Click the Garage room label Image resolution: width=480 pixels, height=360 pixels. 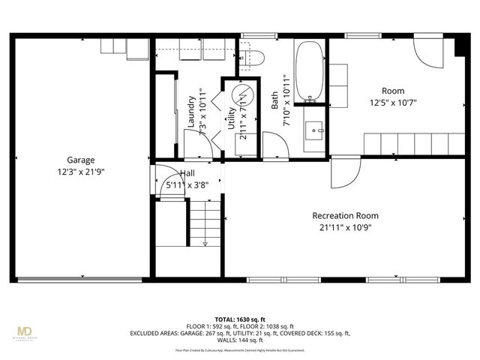[x=80, y=160]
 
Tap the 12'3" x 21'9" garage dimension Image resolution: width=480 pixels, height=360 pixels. [x=80, y=171]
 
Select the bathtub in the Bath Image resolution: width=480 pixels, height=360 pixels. [x=309, y=72]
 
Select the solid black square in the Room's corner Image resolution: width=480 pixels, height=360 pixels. [x=458, y=46]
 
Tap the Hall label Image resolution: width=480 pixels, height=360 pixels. [x=187, y=172]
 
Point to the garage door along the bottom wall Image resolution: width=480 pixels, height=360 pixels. [x=79, y=280]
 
